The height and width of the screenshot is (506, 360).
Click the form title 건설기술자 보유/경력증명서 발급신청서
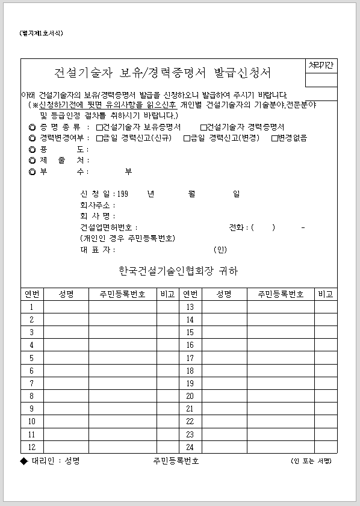coord(163,73)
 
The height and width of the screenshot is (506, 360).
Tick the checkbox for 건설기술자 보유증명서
coord(99,128)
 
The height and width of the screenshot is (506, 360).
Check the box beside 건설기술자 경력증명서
coord(203,128)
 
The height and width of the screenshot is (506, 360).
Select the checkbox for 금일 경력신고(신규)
coord(99,138)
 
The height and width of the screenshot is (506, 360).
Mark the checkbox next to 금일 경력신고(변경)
coord(187,138)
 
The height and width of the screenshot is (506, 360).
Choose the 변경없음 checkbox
coord(274,138)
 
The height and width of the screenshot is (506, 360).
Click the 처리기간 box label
coord(320,65)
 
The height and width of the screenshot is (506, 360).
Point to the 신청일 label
coord(95,194)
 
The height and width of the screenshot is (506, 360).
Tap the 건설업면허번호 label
coord(108,227)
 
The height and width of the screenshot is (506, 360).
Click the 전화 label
coord(237,227)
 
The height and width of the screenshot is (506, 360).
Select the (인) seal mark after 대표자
coord(220,250)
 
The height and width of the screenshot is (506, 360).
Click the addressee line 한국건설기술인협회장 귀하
coord(179,271)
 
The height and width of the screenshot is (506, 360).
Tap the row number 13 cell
coord(190,307)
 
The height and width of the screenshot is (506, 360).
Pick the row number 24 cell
coord(190,447)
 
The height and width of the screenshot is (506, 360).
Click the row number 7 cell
coord(32,383)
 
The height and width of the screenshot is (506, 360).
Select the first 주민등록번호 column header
coord(122,294)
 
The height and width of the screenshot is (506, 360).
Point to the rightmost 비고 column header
coord(326,294)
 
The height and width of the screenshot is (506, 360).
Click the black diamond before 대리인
coord(24,461)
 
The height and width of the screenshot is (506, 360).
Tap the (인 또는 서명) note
coord(311,461)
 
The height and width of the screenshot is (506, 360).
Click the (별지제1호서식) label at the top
coord(41,34)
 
